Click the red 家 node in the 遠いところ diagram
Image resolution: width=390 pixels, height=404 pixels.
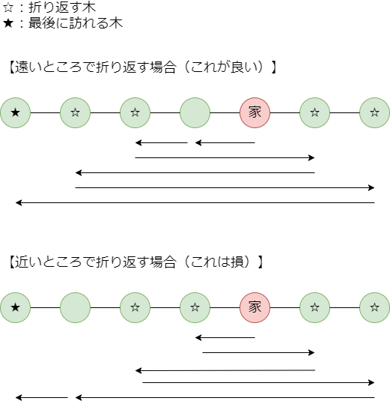(x=255, y=112)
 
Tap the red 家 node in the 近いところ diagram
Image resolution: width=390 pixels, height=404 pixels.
(x=255, y=307)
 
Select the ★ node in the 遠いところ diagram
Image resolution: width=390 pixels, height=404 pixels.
(x=15, y=112)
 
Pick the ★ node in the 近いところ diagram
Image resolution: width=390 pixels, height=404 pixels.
(x=15, y=307)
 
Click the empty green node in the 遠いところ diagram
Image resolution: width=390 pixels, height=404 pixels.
(x=195, y=112)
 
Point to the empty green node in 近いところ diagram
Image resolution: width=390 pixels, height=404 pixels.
(x=75, y=307)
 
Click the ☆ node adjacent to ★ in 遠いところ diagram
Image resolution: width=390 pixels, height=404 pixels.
(x=75, y=112)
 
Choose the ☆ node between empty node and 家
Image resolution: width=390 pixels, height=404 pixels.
(x=195, y=307)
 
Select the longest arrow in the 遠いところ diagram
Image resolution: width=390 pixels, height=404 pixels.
(x=195, y=202)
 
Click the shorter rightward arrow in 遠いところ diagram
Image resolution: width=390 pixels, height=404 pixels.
(x=225, y=157)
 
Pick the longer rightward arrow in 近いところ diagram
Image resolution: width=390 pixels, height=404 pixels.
(x=258, y=382)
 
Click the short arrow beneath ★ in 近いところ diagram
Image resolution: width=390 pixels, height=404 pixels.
(x=41, y=397)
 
